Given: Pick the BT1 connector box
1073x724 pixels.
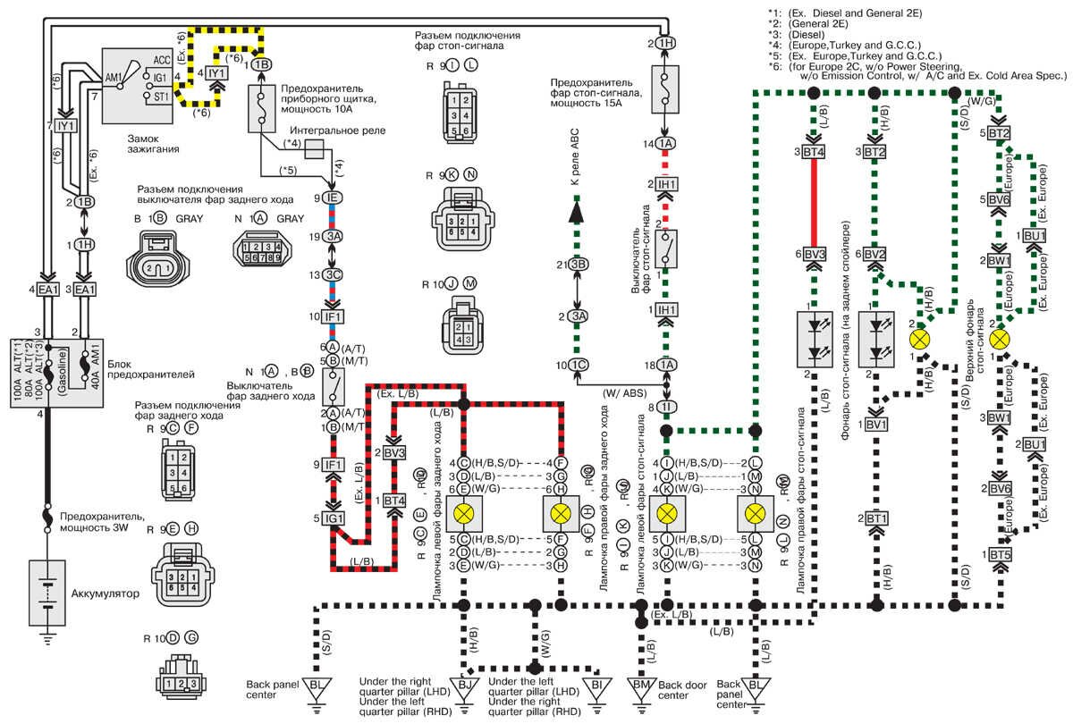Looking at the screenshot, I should [x=875, y=518].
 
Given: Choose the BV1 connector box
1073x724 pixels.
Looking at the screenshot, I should [x=875, y=424].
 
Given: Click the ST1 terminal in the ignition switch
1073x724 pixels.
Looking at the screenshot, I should [x=161, y=96].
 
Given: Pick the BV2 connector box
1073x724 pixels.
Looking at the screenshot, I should [x=875, y=254].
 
